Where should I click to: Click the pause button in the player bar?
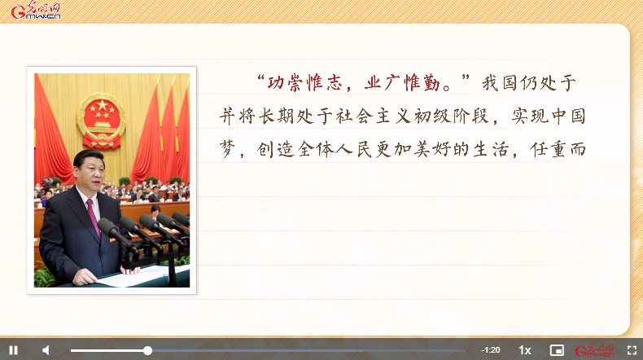coord(14,350)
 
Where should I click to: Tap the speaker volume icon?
coord(46,350)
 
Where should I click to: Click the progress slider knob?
coord(147,350)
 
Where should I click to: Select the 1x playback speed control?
coord(524,350)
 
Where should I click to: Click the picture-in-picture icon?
coord(557,350)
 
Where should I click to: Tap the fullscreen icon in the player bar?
coord(632,350)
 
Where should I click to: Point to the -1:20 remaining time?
coord(491,350)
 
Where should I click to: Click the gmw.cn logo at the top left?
coord(36,11)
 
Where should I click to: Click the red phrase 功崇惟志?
coord(305,83)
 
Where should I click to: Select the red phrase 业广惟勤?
coord(402,83)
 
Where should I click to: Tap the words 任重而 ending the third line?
coord(558,149)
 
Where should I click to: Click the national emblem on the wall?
coord(101,121)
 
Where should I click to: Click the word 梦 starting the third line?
coord(228,149)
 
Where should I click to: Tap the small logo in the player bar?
coord(595,350)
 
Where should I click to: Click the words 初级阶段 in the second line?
coord(452,116)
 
